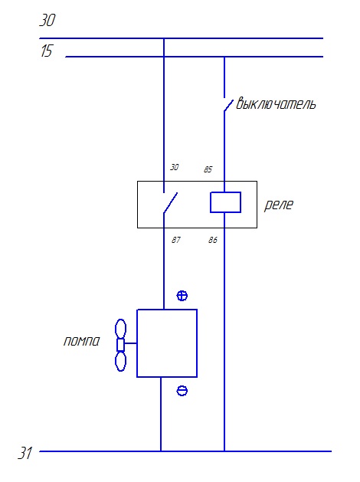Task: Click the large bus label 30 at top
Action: pyautogui.click(x=47, y=20)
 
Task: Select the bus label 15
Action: pyautogui.click(x=47, y=51)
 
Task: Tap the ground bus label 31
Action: pyautogui.click(x=25, y=452)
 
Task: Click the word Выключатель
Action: pyautogui.click(x=276, y=103)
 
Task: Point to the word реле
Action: pyautogui.click(x=279, y=205)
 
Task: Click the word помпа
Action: pyautogui.click(x=82, y=341)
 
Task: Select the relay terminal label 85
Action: pyautogui.click(x=208, y=169)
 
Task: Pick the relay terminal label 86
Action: pyautogui.click(x=213, y=240)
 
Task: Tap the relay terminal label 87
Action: pyautogui.click(x=176, y=240)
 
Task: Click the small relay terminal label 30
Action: pyautogui.click(x=174, y=167)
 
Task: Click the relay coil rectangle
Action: pyautogui.click(x=225, y=202)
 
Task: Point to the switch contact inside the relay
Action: pyautogui.click(x=170, y=202)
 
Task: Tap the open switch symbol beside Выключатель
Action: pyautogui.click(x=228, y=105)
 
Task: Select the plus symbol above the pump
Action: pyautogui.click(x=182, y=296)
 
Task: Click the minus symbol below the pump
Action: pyautogui.click(x=182, y=391)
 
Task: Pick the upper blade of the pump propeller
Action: pyautogui.click(x=120, y=329)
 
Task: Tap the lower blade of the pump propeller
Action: pyautogui.click(x=120, y=362)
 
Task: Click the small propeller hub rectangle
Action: pyautogui.click(x=121, y=345)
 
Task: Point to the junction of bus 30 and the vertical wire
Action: pyautogui.click(x=164, y=38)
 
